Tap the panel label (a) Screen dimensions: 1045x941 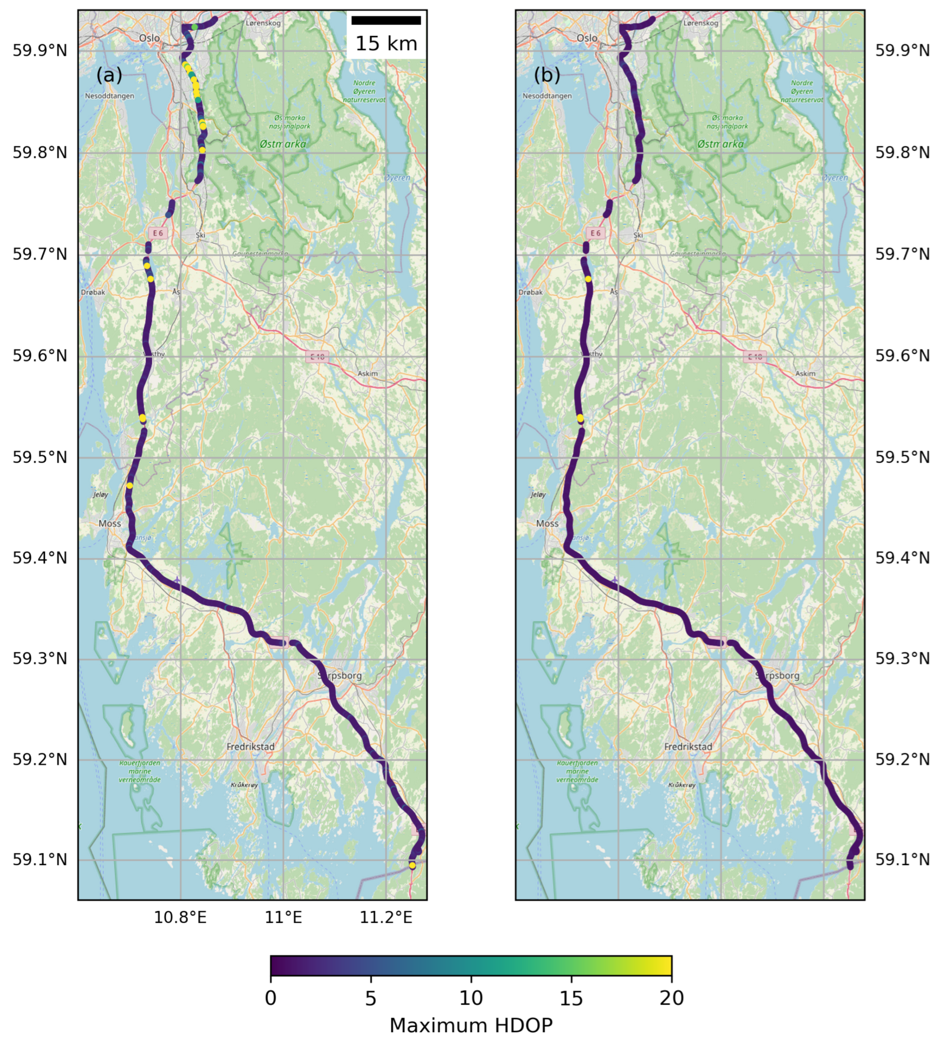click(x=109, y=76)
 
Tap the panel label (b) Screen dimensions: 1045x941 click(x=547, y=76)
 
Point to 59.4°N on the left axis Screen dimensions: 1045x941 click(x=40, y=558)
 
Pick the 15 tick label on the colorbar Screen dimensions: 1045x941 click(x=571, y=998)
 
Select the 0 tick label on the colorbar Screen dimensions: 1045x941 click(x=270, y=998)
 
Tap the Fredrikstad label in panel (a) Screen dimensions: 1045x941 click(x=251, y=746)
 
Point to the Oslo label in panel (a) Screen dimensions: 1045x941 click(x=149, y=38)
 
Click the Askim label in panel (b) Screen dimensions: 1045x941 click(x=805, y=374)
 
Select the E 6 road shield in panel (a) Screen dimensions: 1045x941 click(x=158, y=233)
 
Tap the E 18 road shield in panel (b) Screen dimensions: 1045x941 click(x=754, y=357)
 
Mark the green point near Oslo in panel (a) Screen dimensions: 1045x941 click(x=194, y=27)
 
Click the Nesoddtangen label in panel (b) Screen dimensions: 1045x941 click(x=547, y=96)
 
